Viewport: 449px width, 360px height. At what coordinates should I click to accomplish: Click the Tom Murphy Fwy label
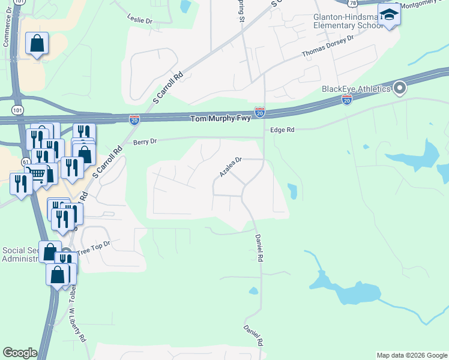click(219, 119)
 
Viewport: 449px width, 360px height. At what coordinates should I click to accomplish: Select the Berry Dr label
click(145, 141)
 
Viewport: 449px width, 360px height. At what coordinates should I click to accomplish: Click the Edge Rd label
click(282, 130)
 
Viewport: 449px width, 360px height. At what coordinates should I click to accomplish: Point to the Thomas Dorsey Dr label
click(328, 46)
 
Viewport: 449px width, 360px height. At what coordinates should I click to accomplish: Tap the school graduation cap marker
click(389, 14)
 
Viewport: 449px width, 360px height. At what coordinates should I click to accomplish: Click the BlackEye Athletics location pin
click(400, 89)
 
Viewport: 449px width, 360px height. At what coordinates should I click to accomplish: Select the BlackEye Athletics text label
click(355, 89)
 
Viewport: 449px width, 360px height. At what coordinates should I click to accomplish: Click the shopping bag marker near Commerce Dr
click(37, 43)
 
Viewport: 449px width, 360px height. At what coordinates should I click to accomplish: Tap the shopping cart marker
click(37, 174)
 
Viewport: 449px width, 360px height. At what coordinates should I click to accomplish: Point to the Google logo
click(20, 353)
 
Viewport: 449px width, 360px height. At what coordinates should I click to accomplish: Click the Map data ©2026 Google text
click(411, 355)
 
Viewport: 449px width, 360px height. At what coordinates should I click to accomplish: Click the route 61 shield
click(25, 162)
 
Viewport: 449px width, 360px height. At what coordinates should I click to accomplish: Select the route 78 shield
click(352, 4)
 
